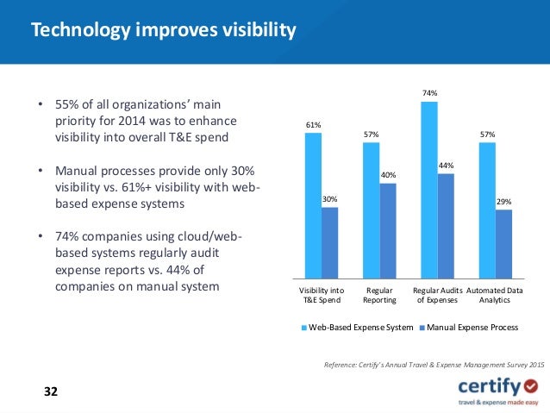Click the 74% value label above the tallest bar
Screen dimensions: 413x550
429,92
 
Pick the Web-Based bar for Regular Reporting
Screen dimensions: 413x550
371,212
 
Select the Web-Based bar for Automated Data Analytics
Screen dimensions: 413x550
487,212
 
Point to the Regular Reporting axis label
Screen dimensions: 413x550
379,296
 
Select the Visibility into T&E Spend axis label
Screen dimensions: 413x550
321,296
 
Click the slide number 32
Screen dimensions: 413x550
51,391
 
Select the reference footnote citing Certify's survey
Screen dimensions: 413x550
434,366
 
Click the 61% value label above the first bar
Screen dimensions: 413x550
313,125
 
